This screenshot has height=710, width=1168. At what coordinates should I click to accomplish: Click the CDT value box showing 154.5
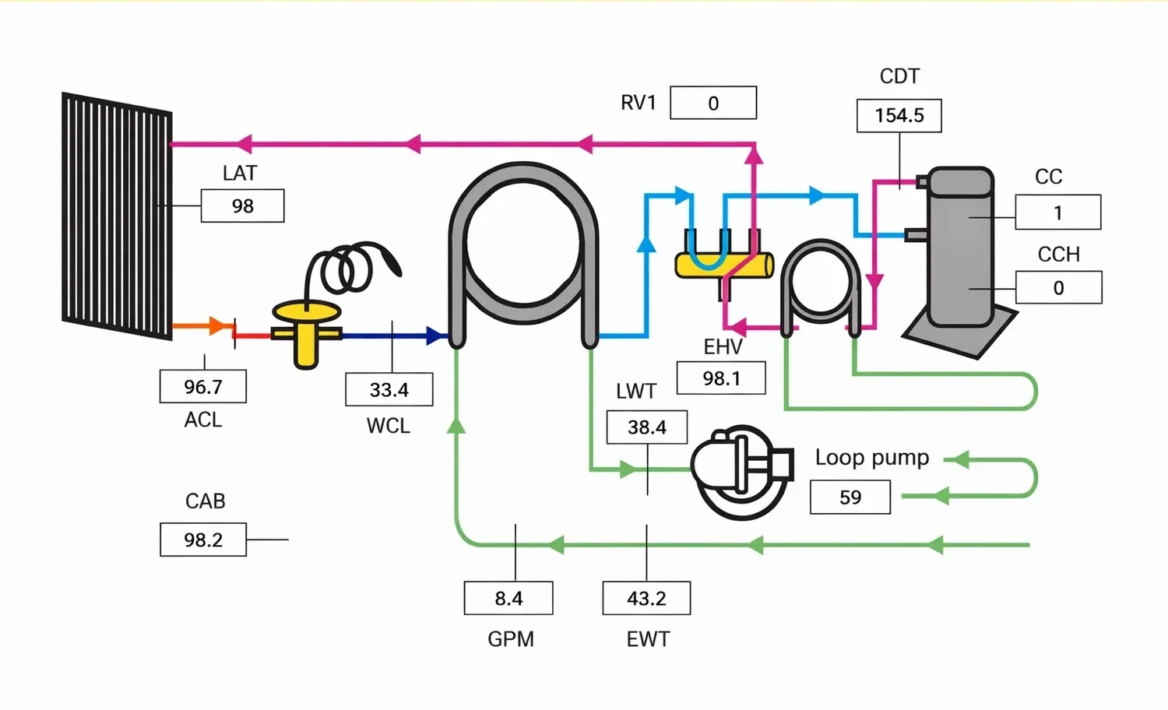(x=899, y=115)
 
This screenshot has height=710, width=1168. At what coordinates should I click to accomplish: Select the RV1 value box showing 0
(x=713, y=103)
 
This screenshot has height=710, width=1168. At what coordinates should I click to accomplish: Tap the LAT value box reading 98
(x=242, y=206)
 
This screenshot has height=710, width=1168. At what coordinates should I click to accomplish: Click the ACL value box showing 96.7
(x=203, y=386)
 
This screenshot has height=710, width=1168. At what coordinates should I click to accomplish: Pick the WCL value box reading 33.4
(x=389, y=389)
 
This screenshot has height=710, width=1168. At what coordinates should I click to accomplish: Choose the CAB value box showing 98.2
(x=203, y=540)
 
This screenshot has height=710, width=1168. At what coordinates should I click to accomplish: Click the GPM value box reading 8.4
(x=508, y=598)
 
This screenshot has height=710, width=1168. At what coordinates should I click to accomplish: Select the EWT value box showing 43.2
(x=646, y=598)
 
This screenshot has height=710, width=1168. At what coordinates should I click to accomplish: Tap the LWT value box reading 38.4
(x=647, y=427)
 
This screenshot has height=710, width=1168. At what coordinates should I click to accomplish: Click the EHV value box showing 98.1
(x=721, y=378)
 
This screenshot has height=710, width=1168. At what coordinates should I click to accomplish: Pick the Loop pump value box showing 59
(x=850, y=497)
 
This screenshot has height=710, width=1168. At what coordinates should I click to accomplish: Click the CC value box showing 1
(x=1057, y=213)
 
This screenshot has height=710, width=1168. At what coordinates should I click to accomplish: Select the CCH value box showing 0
(x=1058, y=287)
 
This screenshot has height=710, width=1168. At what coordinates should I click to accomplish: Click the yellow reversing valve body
(x=724, y=265)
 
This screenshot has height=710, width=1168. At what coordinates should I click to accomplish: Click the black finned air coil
(x=117, y=216)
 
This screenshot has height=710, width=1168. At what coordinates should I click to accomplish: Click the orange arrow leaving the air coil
(x=216, y=325)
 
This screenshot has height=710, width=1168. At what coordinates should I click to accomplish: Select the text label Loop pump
(x=872, y=457)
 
